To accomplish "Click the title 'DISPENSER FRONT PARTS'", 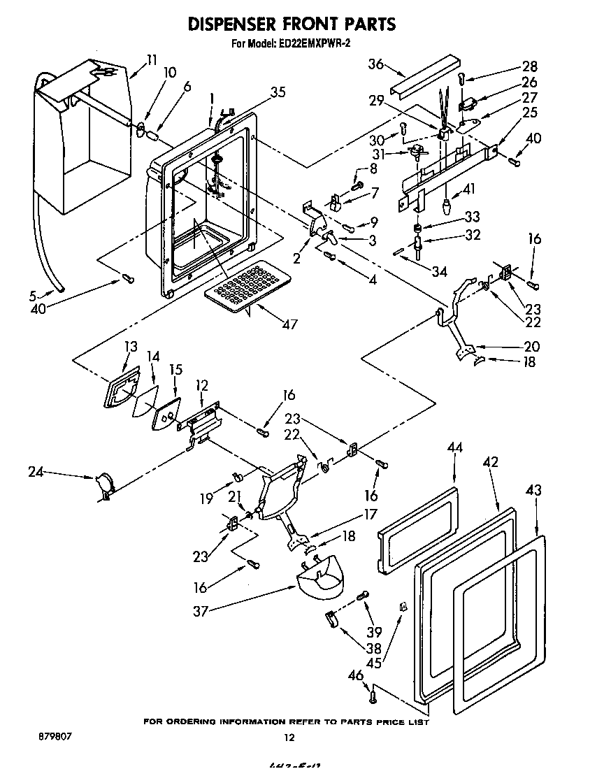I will tap(292, 24).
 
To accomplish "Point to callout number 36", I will tap(375, 64).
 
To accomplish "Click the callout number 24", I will tap(36, 473).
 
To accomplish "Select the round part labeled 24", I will tap(104, 483).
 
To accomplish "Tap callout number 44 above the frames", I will tap(455, 447).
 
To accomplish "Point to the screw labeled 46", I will tap(373, 695).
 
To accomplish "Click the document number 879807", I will tap(50, 737).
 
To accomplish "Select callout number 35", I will tap(278, 91).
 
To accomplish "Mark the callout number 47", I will tap(289, 324).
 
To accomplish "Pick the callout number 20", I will tap(532, 346).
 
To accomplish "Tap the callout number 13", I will tap(131, 347).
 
